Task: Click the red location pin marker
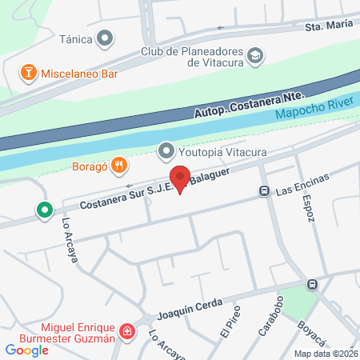[x=180, y=179]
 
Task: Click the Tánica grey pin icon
[x=105, y=38]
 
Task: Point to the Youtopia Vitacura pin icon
[x=166, y=150]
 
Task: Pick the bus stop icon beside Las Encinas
[x=263, y=191]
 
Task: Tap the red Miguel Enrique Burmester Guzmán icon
[x=126, y=331]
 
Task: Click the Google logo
[x=27, y=350]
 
